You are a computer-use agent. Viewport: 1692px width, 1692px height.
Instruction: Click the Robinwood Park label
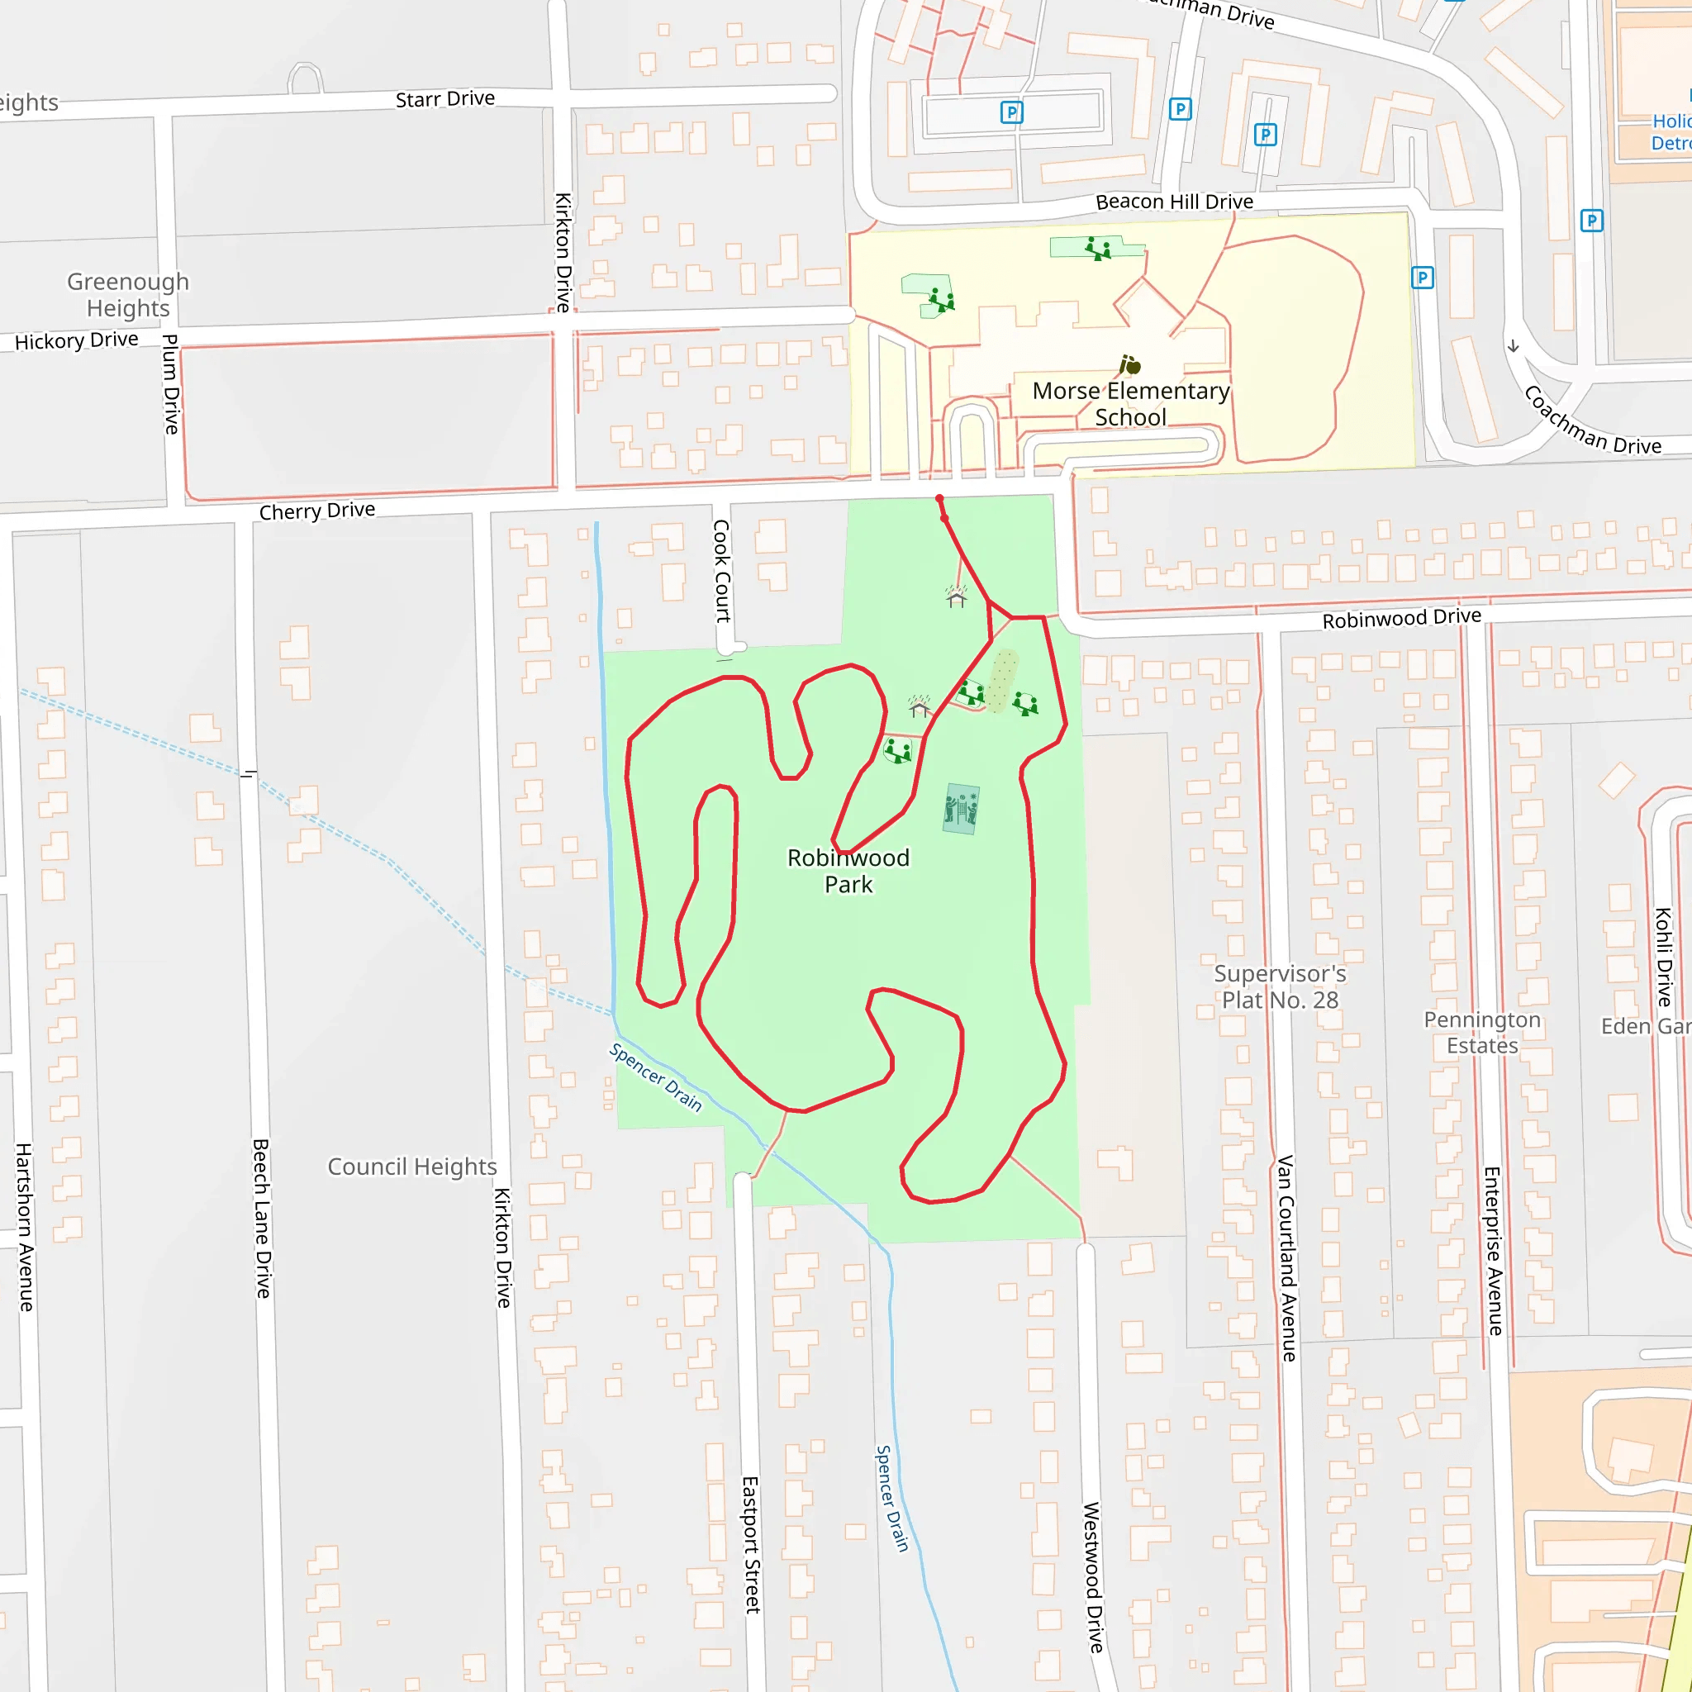(x=848, y=871)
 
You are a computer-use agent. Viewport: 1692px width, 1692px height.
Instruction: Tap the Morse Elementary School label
(x=1131, y=404)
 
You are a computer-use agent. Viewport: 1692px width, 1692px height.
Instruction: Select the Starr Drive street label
(x=445, y=99)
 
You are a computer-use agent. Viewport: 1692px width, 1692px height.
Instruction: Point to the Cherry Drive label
(x=317, y=511)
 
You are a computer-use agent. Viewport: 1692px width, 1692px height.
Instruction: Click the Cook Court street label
(x=721, y=571)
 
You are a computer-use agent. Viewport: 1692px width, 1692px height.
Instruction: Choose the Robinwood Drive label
(x=1401, y=618)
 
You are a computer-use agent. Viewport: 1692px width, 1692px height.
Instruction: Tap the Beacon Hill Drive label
(x=1175, y=202)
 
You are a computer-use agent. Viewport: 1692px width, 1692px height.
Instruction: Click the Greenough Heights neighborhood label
(x=128, y=294)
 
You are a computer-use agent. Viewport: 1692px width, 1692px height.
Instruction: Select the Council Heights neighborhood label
(x=411, y=1167)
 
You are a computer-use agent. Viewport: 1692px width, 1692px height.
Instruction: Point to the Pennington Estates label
(x=1482, y=1033)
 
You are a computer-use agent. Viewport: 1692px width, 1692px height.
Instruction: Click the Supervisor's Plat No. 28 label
(x=1280, y=987)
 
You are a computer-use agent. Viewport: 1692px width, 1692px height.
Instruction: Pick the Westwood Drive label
(x=1093, y=1577)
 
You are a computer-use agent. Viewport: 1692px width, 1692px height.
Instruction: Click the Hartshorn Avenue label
(x=25, y=1227)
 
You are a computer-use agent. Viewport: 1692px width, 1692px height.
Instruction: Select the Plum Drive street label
(x=171, y=383)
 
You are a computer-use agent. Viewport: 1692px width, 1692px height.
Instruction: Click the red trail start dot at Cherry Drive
(x=939, y=499)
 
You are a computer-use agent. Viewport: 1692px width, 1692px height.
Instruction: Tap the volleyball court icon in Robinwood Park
(x=962, y=808)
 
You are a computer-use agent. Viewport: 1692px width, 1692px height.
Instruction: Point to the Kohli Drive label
(x=1663, y=957)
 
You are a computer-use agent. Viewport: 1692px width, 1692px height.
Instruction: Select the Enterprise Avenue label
(x=1493, y=1251)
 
